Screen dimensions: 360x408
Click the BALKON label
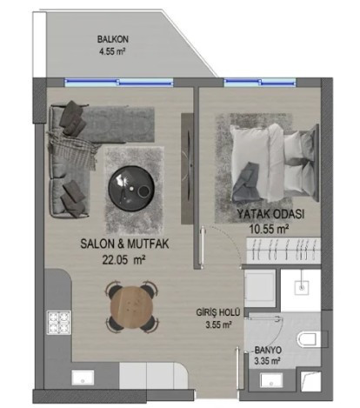(x=112, y=39)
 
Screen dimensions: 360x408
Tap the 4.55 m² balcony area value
(x=112, y=52)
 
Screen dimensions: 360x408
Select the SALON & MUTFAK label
(x=124, y=244)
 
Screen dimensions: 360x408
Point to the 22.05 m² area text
(x=123, y=260)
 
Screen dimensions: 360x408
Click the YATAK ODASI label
(x=270, y=214)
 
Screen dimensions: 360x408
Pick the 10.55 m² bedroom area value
(x=269, y=229)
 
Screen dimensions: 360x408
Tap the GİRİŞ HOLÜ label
(x=218, y=312)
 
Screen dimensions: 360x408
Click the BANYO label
(x=268, y=350)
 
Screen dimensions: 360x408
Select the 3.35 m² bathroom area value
(x=267, y=361)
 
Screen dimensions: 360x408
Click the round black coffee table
(x=131, y=188)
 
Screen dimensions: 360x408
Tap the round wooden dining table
(x=131, y=308)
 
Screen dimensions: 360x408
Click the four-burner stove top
(x=59, y=323)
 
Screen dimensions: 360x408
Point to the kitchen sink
(x=83, y=378)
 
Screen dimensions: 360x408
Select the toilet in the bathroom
(x=310, y=339)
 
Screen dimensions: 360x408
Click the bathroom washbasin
(x=271, y=380)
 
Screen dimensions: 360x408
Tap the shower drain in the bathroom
(x=302, y=287)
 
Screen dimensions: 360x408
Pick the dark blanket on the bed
(x=245, y=181)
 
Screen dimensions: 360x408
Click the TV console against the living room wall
(x=187, y=169)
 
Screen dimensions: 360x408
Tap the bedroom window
(x=260, y=83)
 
